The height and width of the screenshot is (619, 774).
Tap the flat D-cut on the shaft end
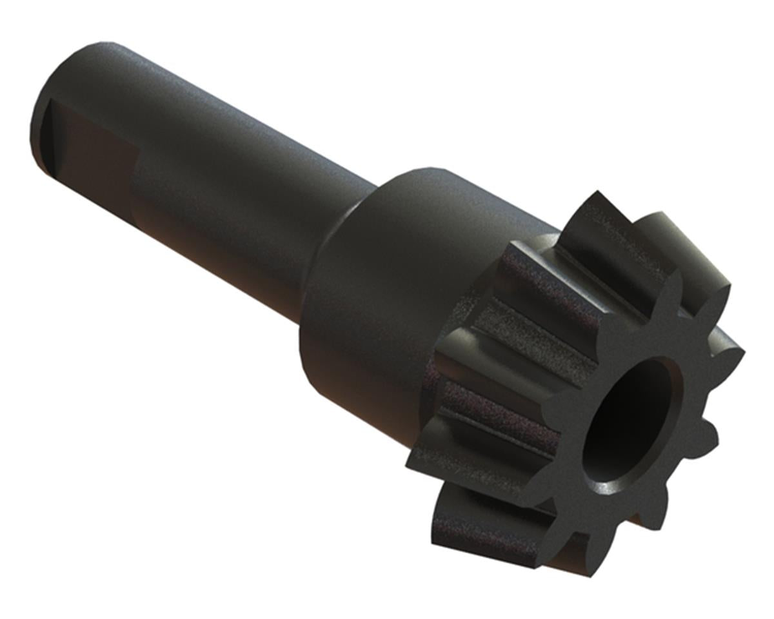90,155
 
